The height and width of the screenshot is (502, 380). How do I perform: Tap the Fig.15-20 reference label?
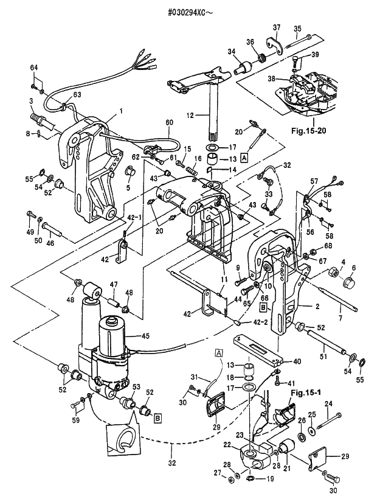coord(309,131)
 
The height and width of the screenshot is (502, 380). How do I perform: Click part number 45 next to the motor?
coord(145,336)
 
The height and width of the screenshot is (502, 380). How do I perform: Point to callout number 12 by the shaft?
coord(190,115)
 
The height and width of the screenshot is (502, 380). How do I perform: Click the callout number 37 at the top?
coord(277,27)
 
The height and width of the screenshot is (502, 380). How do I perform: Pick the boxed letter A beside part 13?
coord(244,158)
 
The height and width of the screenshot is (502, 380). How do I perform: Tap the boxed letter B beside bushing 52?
coord(158,417)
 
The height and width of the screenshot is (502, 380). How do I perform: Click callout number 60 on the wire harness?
coord(169,122)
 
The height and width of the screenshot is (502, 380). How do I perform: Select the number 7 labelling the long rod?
coord(340,318)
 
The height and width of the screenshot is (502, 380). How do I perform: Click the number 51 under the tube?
coord(323,356)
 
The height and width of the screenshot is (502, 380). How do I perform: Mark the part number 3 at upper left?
coord(31,101)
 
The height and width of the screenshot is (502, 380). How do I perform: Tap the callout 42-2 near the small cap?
coord(254,322)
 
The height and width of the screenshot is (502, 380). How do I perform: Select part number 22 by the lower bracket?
coord(227,445)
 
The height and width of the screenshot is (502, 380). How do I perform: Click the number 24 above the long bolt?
coord(329,404)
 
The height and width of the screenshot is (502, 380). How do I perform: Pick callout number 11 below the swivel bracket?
coord(224,279)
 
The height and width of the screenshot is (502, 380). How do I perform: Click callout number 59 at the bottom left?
coord(75,420)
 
